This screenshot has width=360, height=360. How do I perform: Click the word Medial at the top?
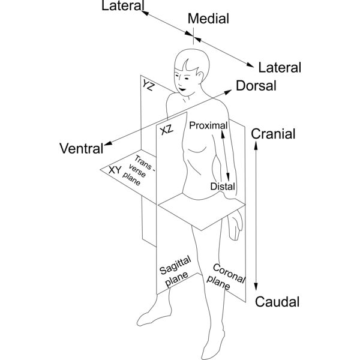click(x=208, y=19)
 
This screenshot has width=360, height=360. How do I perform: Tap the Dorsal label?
click(x=256, y=86)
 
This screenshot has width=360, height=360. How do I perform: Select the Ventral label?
click(x=81, y=148)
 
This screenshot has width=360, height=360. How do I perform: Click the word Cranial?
click(x=273, y=134)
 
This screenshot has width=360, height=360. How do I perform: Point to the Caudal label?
click(x=277, y=302)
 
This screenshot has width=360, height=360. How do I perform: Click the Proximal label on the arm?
click(x=208, y=125)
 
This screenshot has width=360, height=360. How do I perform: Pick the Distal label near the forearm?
click(x=222, y=187)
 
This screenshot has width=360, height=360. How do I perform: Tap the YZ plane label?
click(x=149, y=85)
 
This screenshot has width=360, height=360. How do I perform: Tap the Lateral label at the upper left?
click(x=123, y=7)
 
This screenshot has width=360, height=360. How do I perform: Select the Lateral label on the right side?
click(x=279, y=67)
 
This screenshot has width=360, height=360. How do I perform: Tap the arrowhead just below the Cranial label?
click(x=257, y=147)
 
